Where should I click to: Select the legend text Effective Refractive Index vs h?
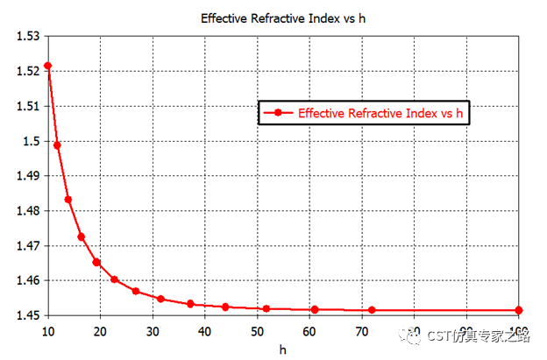coord(380,113)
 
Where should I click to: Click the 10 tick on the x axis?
coord(47,330)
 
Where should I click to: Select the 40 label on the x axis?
coord(204,330)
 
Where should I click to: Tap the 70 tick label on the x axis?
coord(361,330)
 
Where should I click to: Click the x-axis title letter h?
coord(283,349)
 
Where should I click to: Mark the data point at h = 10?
coord(47,66)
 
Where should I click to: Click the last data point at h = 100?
coord(518,310)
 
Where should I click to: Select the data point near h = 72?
coord(372,310)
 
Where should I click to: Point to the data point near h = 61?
coord(315,309)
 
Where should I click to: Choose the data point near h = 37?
coord(190,304)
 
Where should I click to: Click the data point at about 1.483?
coord(67,200)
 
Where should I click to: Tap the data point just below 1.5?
coord(57,145)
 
